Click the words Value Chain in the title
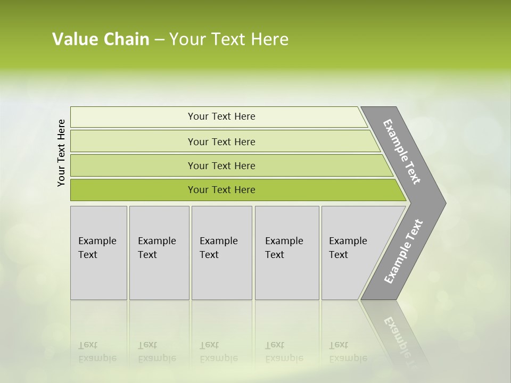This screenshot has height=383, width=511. click(101, 39)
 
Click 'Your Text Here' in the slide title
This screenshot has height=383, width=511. click(229, 39)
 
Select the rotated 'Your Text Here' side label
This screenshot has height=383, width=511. click(61, 153)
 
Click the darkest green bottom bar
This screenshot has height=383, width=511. click(133, 190)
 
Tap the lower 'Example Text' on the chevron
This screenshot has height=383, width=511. click(403, 251)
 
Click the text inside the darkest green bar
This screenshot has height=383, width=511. click(221, 190)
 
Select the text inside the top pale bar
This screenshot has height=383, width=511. click(221, 116)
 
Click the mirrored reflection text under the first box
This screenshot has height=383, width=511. click(97, 352)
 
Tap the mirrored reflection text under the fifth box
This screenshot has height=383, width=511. click(348, 352)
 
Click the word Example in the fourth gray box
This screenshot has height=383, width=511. click(284, 241)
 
